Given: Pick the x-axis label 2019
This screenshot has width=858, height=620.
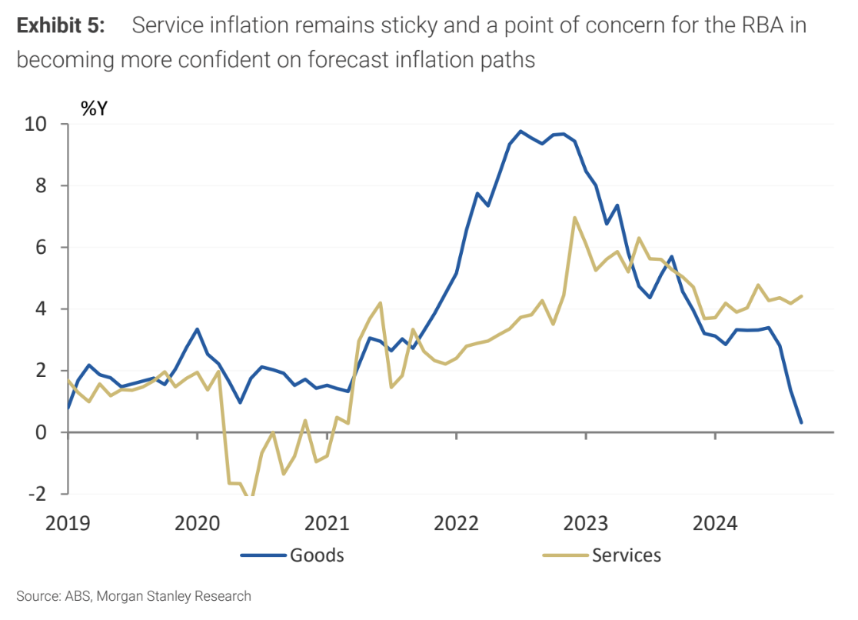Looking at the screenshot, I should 68,524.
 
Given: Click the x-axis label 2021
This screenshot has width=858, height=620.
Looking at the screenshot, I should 328,524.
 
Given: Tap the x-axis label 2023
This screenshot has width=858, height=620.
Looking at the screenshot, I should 586,524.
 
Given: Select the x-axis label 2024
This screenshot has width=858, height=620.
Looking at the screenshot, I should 715,524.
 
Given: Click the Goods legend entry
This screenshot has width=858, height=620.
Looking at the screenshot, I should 316,555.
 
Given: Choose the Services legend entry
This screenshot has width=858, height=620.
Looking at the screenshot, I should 626,555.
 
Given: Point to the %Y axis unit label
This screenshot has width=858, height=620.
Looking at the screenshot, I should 94,108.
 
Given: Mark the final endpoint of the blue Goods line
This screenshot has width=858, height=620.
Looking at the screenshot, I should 801,422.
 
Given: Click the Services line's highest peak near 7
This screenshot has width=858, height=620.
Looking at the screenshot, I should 574,218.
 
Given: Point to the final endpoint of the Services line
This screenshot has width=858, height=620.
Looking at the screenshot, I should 801,296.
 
